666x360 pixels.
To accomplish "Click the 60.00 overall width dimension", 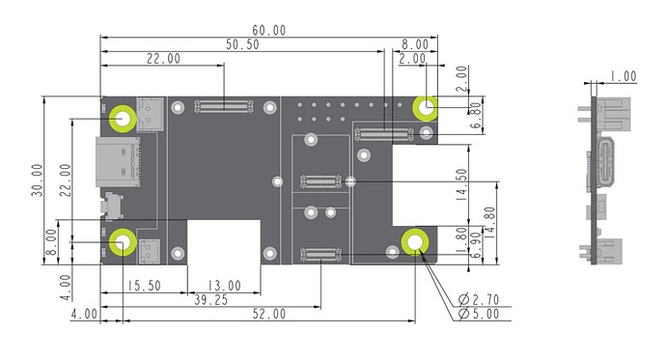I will [267, 31].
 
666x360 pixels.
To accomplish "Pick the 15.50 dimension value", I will [144, 287].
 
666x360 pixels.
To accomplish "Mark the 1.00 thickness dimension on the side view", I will [623, 75].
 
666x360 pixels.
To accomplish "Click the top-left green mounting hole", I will [123, 117].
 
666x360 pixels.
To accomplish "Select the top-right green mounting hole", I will [426, 106].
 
